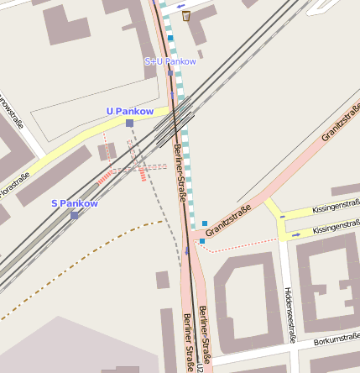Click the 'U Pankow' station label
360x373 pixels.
129,111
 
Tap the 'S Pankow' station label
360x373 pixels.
75,203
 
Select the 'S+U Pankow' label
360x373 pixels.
170,61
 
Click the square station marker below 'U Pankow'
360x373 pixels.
129,123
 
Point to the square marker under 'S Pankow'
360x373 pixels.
75,215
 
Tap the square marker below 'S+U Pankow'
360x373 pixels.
170,72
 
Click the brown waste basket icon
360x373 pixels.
185,15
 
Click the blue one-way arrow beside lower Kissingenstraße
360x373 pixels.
295,236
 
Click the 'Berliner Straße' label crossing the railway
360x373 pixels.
179,165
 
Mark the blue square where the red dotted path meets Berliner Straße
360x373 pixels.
201,241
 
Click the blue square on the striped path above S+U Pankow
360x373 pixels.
170,39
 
